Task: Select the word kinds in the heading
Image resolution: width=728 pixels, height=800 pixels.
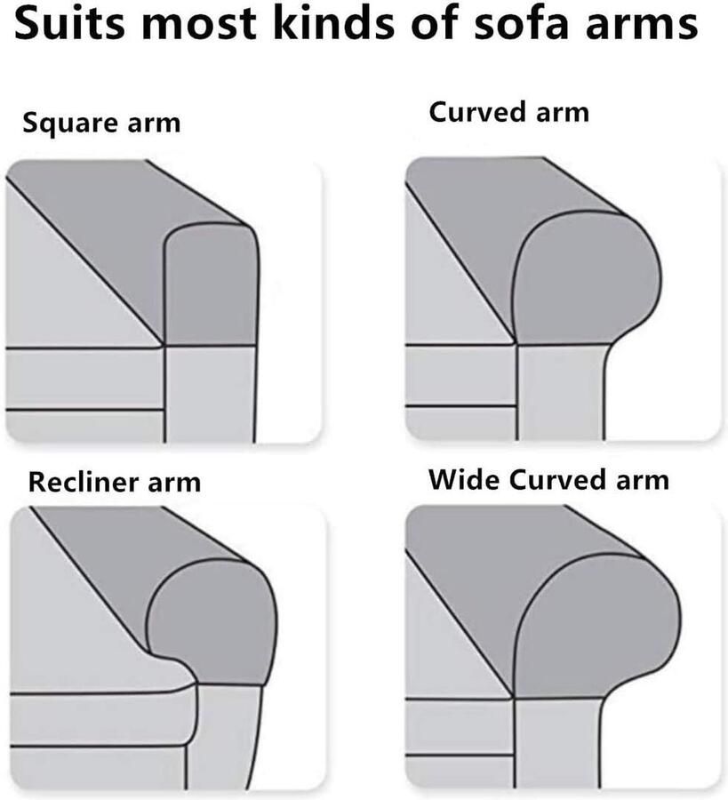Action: click(343, 25)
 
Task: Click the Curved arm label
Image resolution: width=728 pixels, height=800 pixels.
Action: click(508, 113)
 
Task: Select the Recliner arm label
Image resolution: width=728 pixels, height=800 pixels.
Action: click(115, 483)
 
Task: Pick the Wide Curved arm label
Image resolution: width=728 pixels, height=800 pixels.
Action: click(548, 480)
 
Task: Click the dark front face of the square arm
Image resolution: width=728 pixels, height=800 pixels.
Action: click(212, 284)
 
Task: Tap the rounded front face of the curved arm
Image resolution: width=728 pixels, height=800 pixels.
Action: click(587, 280)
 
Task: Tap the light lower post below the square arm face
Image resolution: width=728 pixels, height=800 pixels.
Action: click(210, 391)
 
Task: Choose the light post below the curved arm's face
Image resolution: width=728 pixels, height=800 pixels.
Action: click(560, 391)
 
